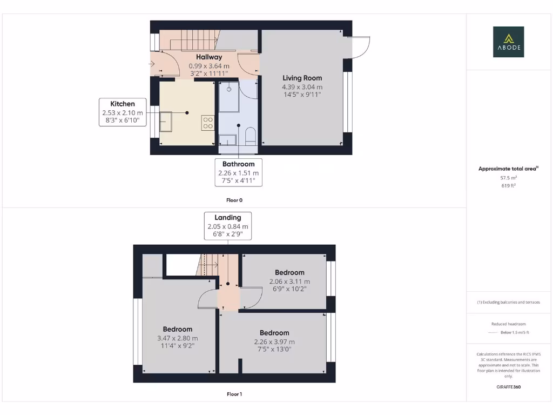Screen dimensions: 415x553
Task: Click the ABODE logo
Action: pos(508,42)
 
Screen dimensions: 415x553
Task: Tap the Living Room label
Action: pos(302,78)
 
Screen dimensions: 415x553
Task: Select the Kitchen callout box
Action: pos(123,112)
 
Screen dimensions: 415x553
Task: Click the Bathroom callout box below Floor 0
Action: pos(238,172)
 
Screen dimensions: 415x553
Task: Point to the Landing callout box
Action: pos(227,226)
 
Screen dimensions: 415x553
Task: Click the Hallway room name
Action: pos(208,57)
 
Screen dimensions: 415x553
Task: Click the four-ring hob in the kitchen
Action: pos(207,123)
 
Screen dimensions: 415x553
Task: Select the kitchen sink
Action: pos(165,122)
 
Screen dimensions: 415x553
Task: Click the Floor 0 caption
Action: pos(234,200)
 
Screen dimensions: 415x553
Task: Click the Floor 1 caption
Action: pos(234,394)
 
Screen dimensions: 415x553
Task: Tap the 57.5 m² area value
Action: pos(508,177)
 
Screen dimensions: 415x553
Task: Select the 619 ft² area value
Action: pos(508,185)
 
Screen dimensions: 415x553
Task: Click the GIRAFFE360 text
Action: pos(508,387)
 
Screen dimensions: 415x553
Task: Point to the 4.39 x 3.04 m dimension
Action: pos(302,86)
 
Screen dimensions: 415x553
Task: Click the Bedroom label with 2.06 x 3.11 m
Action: pos(289,272)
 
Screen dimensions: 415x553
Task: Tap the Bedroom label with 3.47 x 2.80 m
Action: pos(178,329)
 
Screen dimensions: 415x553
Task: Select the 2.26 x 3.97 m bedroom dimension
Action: pos(274,342)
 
